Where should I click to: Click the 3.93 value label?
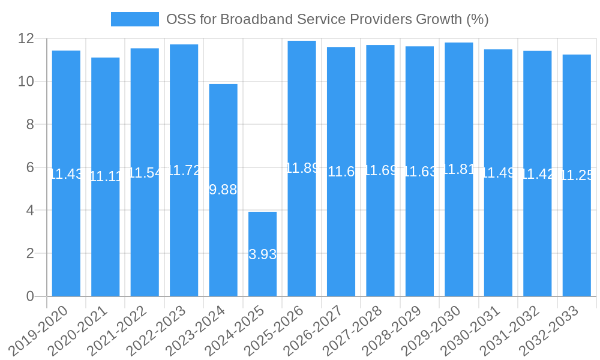pos(263,254)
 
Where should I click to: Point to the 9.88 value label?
pos(223,190)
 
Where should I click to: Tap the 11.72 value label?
pos(184,170)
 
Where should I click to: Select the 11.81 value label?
pos(459,169)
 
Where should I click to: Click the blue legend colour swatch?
pos(134,19)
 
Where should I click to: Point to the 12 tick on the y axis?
pos(26,38)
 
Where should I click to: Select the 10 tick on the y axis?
pos(26,82)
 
